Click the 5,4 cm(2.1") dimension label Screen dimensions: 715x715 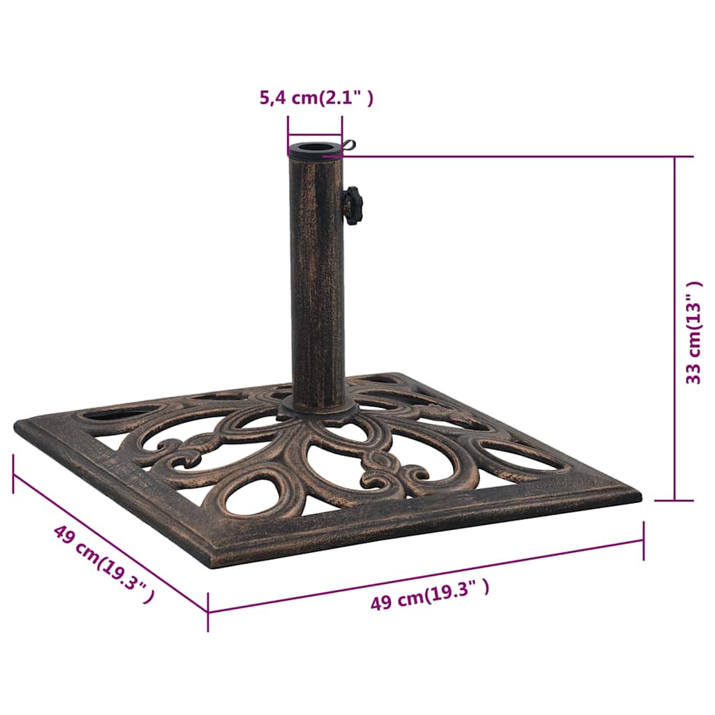(x=316, y=98)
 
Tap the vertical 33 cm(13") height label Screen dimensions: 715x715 (x=693, y=333)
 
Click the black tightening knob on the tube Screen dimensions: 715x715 (x=353, y=205)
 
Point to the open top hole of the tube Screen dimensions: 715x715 (x=315, y=149)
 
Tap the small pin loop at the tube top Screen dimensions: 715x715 (x=349, y=145)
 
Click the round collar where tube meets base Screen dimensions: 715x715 (x=318, y=408)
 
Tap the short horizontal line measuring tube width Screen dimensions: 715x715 (x=315, y=136)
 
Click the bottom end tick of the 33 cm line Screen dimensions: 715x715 (x=675, y=500)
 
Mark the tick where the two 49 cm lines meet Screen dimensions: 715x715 (x=208, y=612)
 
